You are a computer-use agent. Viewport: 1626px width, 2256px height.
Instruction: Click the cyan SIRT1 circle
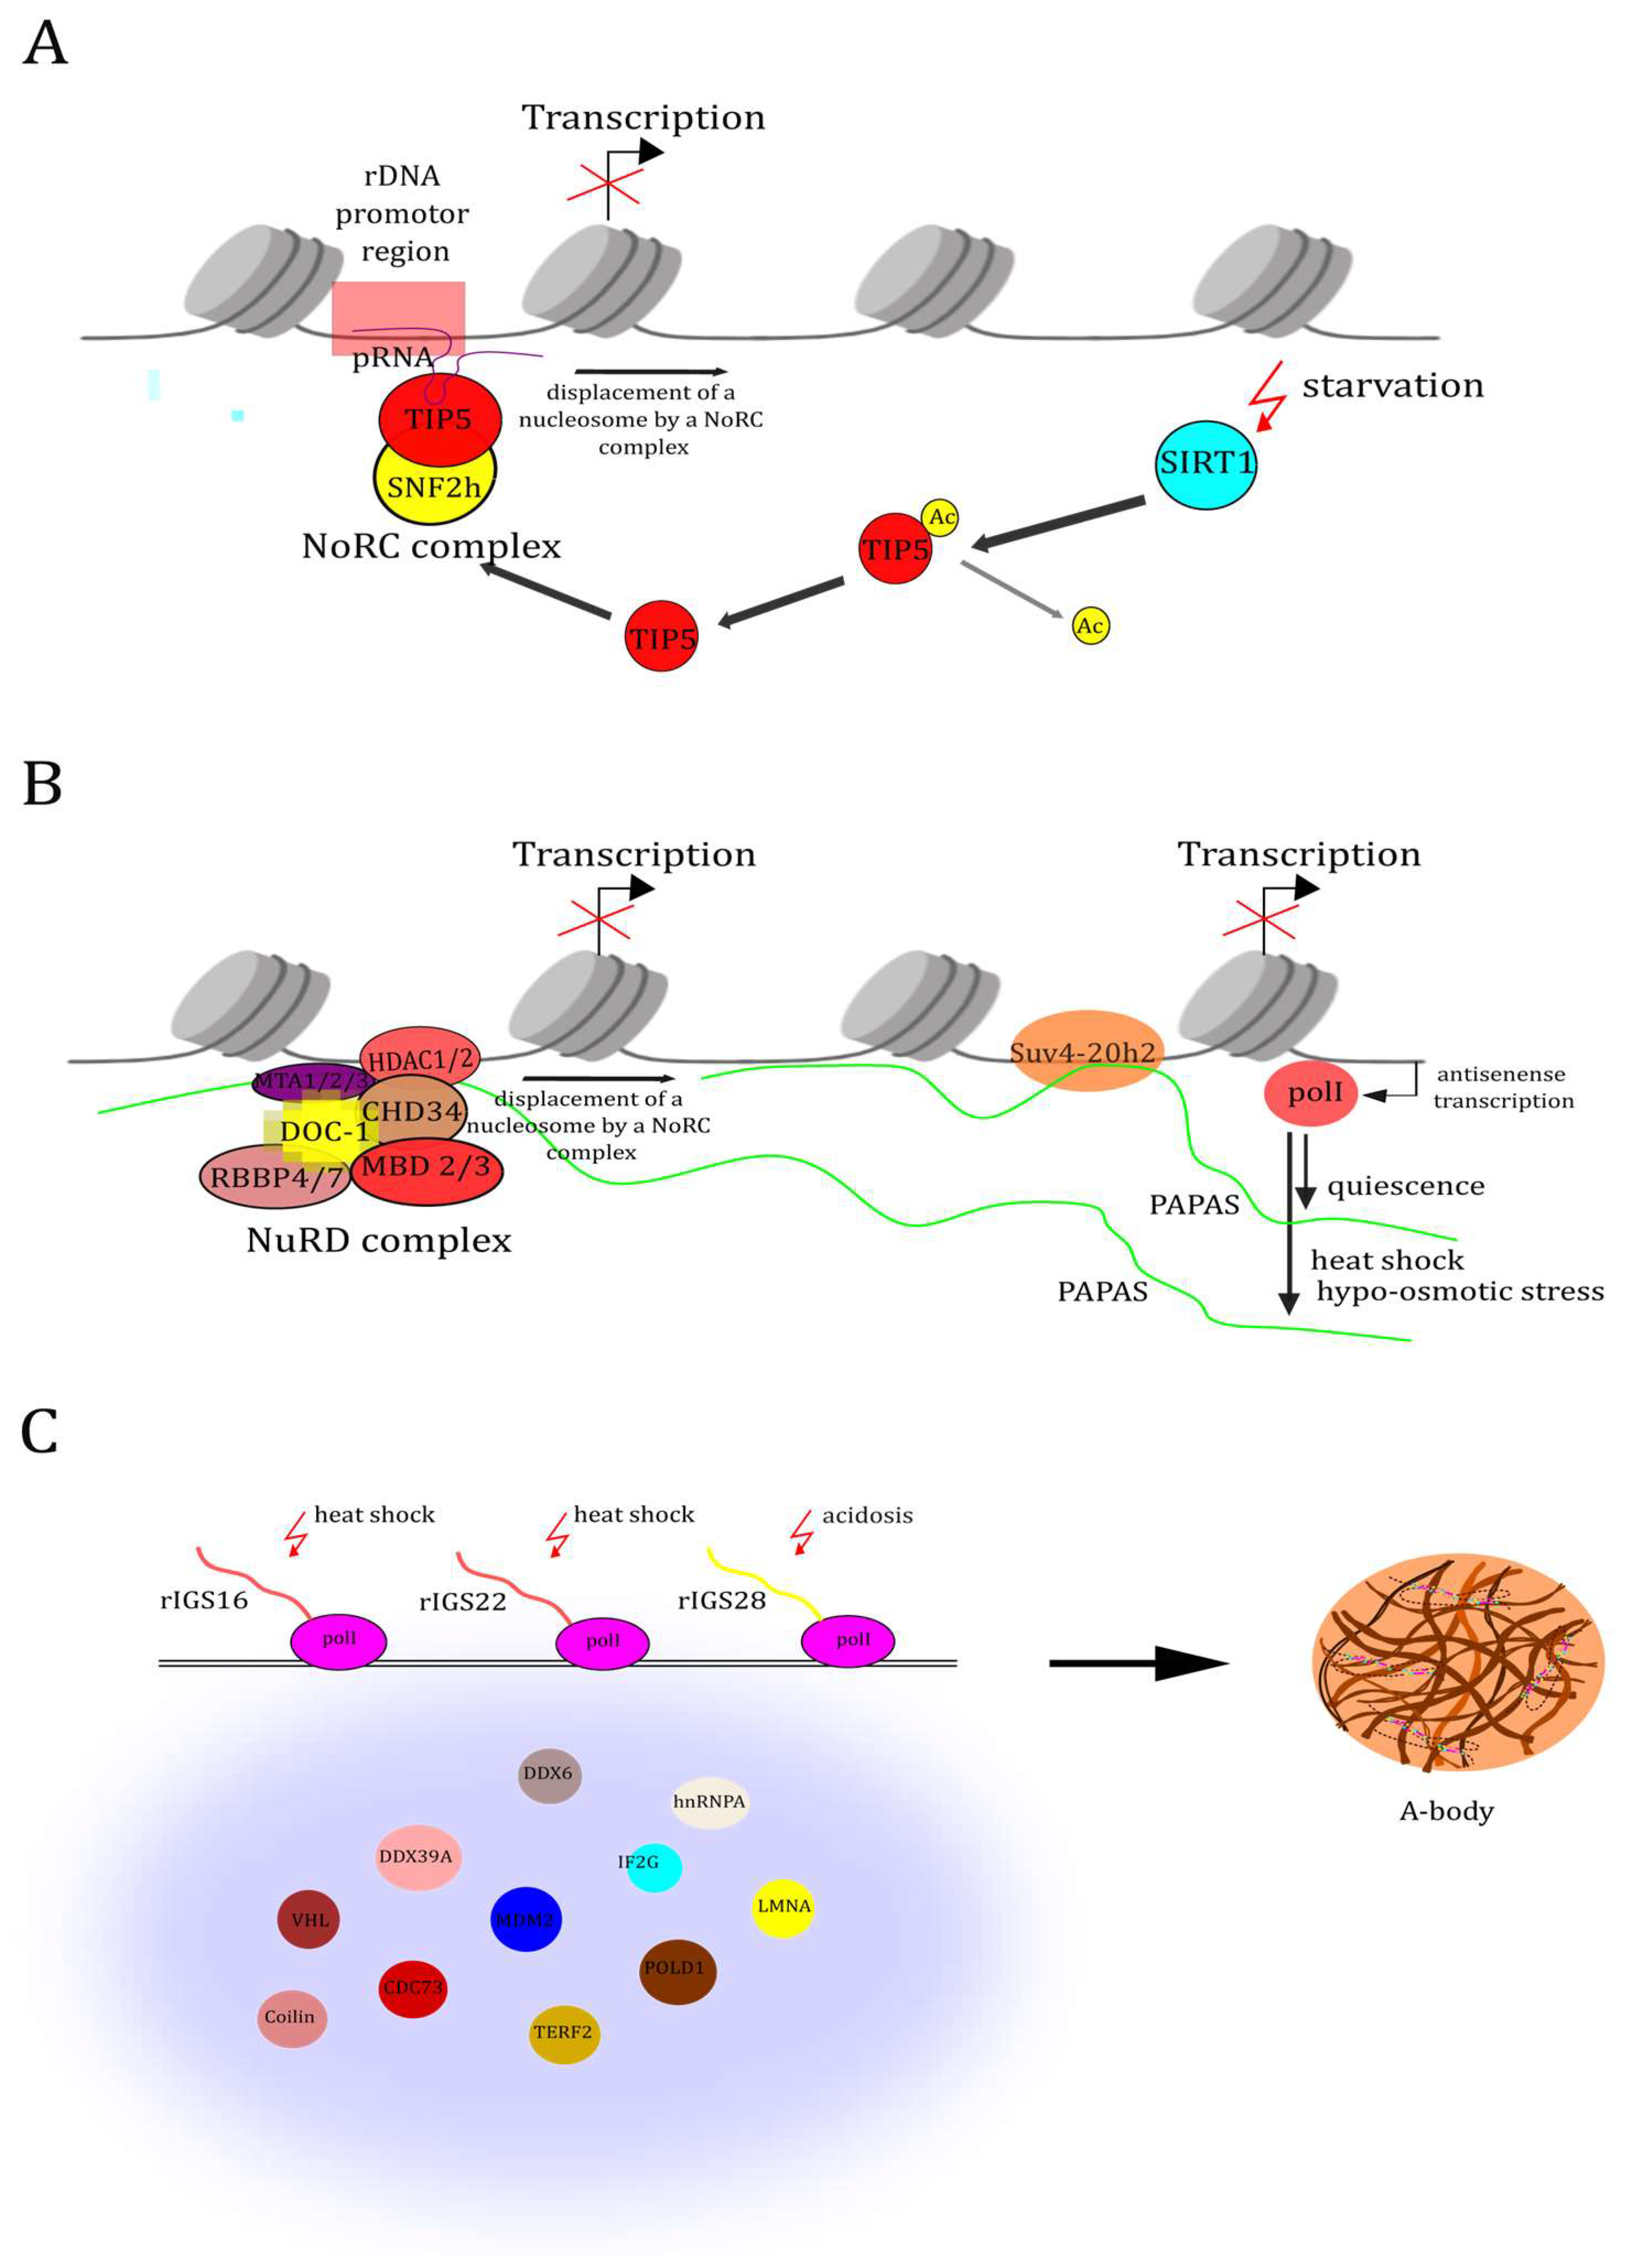[x=1205, y=465]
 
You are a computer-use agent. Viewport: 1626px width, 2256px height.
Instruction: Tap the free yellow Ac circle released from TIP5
[x=1090, y=626]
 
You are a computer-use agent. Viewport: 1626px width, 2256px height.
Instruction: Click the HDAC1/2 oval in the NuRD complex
[x=420, y=1057]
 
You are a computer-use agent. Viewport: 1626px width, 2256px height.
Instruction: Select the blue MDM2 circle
[x=526, y=1919]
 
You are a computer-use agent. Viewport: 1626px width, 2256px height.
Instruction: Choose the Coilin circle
[x=290, y=2017]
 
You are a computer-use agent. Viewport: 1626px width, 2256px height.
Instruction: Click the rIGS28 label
[x=721, y=1601]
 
